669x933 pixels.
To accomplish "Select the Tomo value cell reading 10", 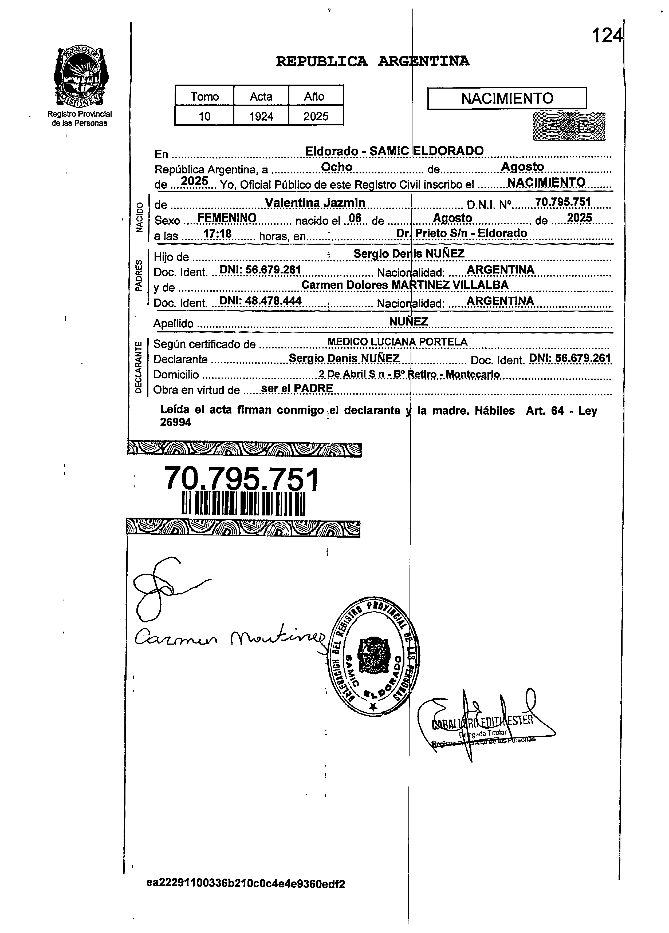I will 204,116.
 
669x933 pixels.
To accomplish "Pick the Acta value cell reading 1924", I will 261,116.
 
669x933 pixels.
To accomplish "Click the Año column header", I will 315,97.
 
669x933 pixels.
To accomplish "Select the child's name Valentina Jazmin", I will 315,203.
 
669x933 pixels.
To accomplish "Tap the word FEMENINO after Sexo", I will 227,218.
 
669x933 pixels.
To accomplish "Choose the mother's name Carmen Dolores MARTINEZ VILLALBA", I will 405,285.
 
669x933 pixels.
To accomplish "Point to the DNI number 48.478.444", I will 261,301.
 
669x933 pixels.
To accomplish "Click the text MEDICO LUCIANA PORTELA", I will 397,342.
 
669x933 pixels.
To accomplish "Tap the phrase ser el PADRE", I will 297,388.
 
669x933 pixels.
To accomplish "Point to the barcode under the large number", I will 243,503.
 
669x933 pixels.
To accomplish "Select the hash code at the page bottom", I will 246,884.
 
